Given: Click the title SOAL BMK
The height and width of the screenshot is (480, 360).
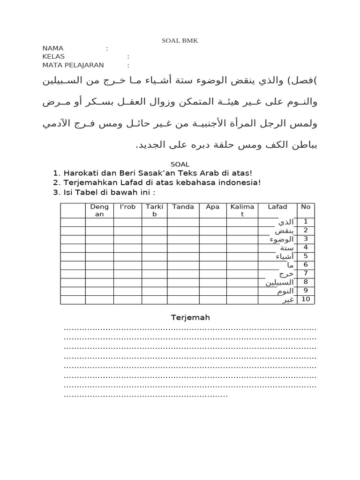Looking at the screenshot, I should pyautogui.click(x=180, y=41).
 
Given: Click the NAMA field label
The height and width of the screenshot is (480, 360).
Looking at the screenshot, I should pyautogui.click(x=53, y=48).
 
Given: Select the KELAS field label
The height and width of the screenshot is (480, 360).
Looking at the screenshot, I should pyautogui.click(x=53, y=57).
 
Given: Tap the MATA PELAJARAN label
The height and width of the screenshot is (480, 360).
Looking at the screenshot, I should pyautogui.click(x=73, y=65).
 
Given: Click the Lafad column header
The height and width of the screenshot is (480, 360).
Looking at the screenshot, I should pyautogui.click(x=277, y=207).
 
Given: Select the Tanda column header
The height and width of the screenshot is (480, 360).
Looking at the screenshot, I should pyautogui.click(x=183, y=207).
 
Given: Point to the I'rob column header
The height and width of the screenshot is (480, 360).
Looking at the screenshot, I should pyautogui.click(x=127, y=207).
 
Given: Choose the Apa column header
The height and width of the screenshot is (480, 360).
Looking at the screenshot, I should pyautogui.click(x=213, y=207).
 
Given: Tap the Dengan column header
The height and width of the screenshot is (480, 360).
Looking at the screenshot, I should pyautogui.click(x=99, y=210).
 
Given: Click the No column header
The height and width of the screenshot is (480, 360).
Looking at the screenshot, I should pyautogui.click(x=306, y=207).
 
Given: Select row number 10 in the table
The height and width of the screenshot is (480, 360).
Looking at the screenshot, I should pyautogui.click(x=306, y=299).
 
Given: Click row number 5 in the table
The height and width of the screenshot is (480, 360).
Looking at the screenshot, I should pyautogui.click(x=306, y=256).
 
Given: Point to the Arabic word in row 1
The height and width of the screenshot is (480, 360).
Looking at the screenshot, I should pyautogui.click(x=286, y=222).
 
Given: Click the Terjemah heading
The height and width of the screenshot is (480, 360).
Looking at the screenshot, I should pyautogui.click(x=190, y=318).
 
